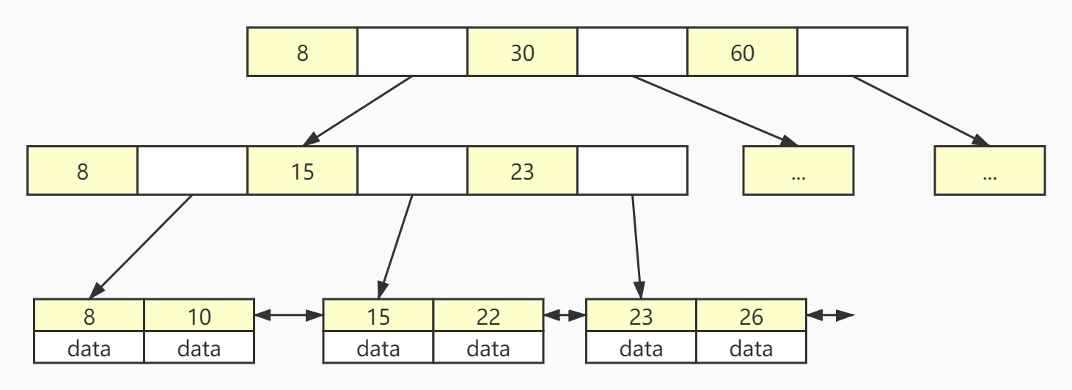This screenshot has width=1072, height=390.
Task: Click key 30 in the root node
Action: click(x=522, y=52)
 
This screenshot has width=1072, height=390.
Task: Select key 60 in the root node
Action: click(x=742, y=52)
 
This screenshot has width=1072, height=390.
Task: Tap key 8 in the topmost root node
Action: click(x=302, y=52)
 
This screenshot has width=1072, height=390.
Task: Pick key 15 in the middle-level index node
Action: click(x=302, y=171)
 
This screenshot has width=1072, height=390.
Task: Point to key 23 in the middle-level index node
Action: click(x=522, y=171)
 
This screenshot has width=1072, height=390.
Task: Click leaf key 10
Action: click(x=199, y=316)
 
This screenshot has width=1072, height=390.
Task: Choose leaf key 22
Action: click(x=488, y=316)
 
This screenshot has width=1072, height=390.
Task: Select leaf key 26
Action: click(x=751, y=316)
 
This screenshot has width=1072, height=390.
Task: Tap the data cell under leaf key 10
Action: click(x=199, y=347)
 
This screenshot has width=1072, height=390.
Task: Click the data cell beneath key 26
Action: click(x=751, y=347)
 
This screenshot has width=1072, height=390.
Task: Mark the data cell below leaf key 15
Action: click(x=378, y=347)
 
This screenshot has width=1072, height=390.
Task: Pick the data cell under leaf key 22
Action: click(x=488, y=347)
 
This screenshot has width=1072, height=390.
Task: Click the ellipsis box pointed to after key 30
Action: click(x=798, y=171)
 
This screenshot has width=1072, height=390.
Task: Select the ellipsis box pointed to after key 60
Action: click(x=989, y=171)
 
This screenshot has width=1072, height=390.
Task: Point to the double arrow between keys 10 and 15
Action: click(x=289, y=316)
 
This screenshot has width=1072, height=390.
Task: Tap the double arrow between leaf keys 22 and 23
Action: click(x=565, y=316)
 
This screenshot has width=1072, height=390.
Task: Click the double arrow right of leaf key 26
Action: click(x=830, y=316)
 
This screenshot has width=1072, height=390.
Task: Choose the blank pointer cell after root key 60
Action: click(x=852, y=52)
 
